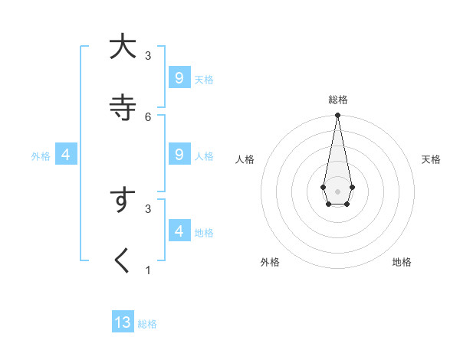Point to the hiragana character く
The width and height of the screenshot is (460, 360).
[x=122, y=260]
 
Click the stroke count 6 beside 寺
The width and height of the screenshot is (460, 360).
[x=148, y=116]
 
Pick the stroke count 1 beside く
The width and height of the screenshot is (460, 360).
[x=148, y=270]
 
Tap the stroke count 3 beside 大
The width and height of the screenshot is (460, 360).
[x=148, y=55]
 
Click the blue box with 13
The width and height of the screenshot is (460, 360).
[x=123, y=322]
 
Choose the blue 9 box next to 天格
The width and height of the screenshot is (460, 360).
[x=179, y=77]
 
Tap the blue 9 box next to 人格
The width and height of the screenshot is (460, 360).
[x=179, y=155]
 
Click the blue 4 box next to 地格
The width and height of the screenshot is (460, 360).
[x=179, y=231]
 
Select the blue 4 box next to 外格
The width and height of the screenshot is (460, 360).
[x=66, y=155]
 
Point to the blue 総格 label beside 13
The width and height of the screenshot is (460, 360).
[x=147, y=324]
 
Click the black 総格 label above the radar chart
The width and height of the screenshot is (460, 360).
[x=337, y=100]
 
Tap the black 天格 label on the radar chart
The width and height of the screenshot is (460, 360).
[x=431, y=159]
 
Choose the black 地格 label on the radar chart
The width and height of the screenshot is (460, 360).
[x=402, y=262]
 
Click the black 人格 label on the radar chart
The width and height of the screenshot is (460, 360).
[x=245, y=159]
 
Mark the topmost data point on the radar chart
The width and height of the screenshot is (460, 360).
[x=337, y=115]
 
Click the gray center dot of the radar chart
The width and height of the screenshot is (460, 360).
[x=337, y=191]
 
